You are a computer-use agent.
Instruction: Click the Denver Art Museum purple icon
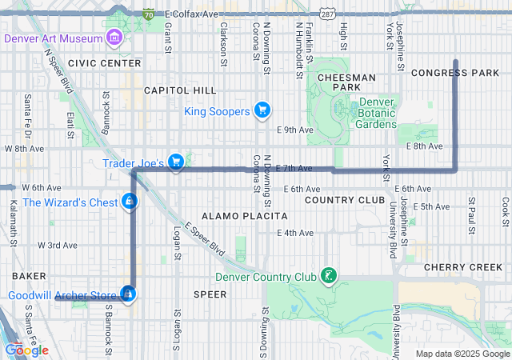tap(114, 38)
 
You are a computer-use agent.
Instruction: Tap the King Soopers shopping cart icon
tap(261, 110)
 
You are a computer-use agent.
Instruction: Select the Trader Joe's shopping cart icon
tap(176, 162)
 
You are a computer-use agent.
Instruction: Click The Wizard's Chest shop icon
tap(129, 202)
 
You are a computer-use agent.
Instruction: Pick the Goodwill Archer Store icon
tap(127, 295)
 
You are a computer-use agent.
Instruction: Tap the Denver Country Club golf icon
tap(327, 277)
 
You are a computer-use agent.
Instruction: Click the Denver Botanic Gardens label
tap(376, 113)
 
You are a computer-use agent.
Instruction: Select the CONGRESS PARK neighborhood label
tap(454, 73)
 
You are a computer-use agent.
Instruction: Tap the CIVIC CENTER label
tap(104, 62)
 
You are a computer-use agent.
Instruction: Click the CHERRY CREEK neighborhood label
tap(462, 266)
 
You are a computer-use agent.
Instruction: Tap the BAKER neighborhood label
tap(29, 275)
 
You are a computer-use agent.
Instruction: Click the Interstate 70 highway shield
tap(149, 14)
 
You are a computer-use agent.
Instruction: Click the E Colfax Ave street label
tap(193, 14)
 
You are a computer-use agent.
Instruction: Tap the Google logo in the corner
tap(26, 350)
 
